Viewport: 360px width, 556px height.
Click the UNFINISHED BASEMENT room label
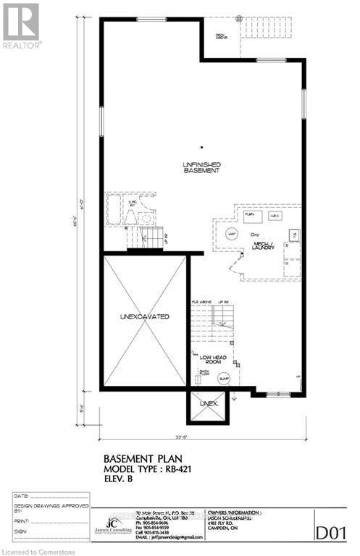click(201, 167)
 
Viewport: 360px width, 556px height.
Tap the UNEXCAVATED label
click(145, 317)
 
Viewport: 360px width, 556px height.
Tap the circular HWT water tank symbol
click(233, 233)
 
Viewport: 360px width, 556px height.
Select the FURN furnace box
click(252, 215)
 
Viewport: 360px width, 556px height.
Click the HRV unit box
click(275, 215)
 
